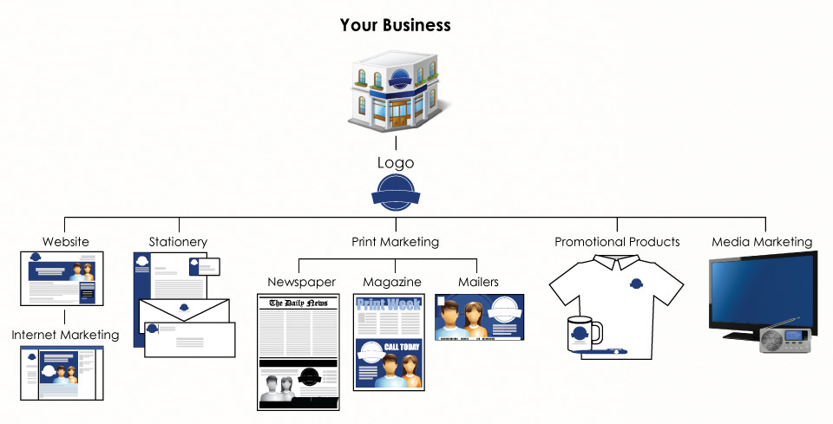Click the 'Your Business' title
[x=395, y=24]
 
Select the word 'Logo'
[x=395, y=162]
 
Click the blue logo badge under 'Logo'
[x=395, y=192]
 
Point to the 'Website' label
[x=66, y=242]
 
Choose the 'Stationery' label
[x=178, y=242]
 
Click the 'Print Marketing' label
[x=395, y=242]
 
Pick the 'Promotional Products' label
[x=617, y=242]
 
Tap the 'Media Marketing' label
[x=762, y=242]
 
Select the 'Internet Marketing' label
[x=65, y=334]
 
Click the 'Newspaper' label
[x=301, y=282]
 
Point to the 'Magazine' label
[x=392, y=282]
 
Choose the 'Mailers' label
[x=478, y=282]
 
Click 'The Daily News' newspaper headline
[x=298, y=303]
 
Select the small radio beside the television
[x=783, y=340]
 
